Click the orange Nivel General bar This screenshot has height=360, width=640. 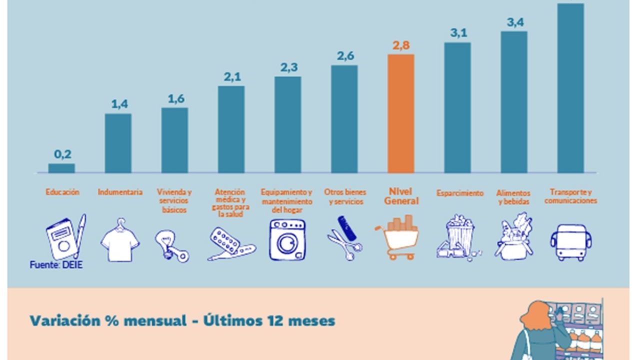[401, 113]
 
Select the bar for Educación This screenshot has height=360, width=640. [61, 168]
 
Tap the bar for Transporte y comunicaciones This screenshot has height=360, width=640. [570, 88]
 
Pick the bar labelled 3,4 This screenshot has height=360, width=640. [514, 102]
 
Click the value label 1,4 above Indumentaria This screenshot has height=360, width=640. [119, 104]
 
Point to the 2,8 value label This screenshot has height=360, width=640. [401, 45]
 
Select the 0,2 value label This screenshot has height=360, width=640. [62, 154]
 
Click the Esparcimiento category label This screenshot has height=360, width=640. [459, 193]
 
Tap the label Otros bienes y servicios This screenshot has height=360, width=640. [345, 196]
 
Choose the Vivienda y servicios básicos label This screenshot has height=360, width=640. [174, 200]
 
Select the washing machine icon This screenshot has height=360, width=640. [287, 240]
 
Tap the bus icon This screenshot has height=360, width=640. [570, 242]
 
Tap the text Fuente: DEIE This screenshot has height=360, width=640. [55, 264]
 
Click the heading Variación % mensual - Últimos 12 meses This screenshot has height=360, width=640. [182, 320]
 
